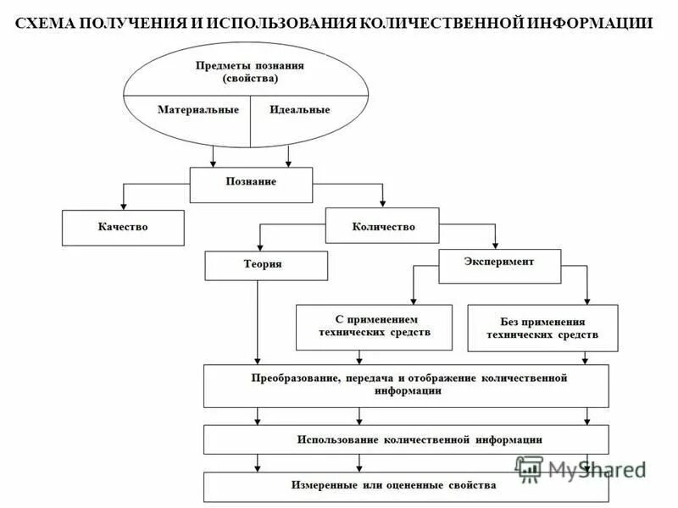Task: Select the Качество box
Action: (123, 227)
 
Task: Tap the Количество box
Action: (383, 226)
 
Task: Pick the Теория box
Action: (266, 265)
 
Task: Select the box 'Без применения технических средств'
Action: (542, 328)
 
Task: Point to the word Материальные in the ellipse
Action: (198, 109)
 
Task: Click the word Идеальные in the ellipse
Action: (299, 109)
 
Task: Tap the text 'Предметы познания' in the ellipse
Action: (250, 65)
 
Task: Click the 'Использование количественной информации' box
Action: (406, 439)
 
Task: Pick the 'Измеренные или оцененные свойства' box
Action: (406, 486)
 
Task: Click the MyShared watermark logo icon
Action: (529, 467)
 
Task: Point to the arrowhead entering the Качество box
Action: (124, 206)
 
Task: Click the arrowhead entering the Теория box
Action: (259, 248)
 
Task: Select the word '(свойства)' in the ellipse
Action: (250, 78)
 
